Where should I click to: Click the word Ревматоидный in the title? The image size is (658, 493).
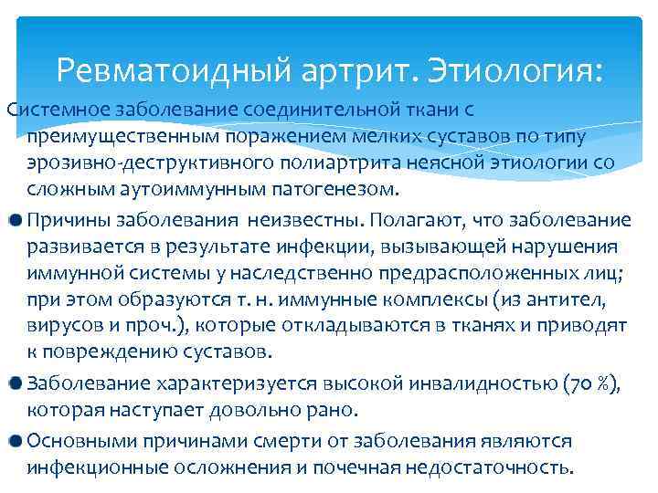pyautogui.click(x=175, y=69)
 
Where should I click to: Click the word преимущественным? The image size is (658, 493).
pyautogui.click(x=120, y=137)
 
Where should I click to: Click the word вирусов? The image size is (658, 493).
pyautogui.click(x=59, y=326)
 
